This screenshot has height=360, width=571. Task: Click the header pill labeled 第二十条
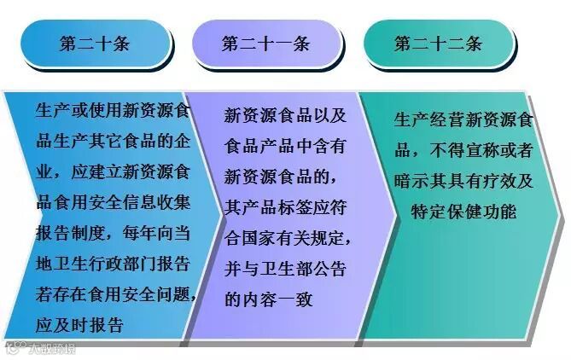pos(95,44)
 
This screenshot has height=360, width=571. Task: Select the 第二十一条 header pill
pos(265,44)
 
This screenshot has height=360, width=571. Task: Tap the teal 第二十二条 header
pos(438,44)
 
